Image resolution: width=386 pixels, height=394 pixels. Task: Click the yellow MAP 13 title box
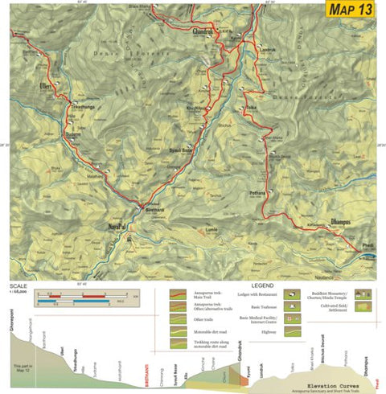tap(351, 10)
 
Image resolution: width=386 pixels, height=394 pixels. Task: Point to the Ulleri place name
tap(47, 83)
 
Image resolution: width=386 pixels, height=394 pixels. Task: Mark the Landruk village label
tap(267, 50)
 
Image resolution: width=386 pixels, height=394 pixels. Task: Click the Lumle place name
tap(211, 229)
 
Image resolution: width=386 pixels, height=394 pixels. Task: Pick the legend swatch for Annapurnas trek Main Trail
tap(182, 295)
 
